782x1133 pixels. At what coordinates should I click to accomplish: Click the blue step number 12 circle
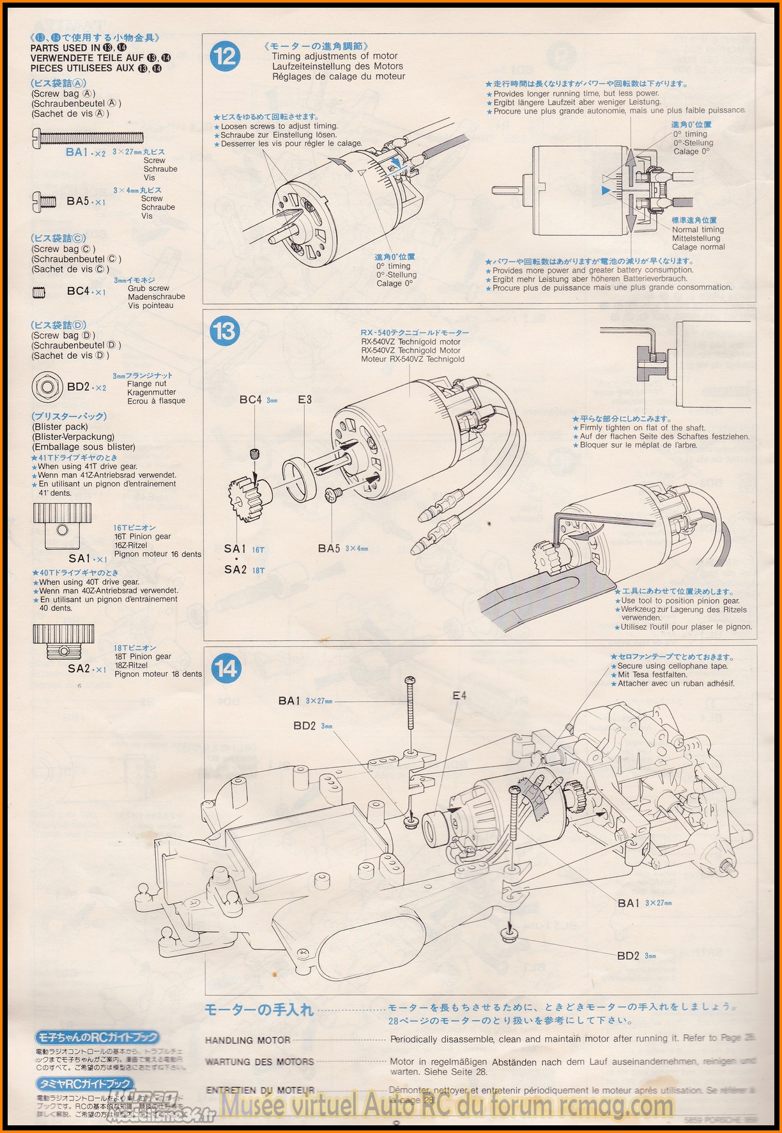click(225, 56)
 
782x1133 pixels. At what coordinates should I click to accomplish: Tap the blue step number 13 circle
click(224, 331)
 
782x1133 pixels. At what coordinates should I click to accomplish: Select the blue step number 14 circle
click(226, 669)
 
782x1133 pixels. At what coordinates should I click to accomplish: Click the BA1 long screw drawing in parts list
click(88, 136)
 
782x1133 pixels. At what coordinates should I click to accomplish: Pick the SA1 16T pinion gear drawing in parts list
click(63, 526)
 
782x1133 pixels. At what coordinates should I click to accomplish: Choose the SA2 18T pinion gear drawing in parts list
click(63, 642)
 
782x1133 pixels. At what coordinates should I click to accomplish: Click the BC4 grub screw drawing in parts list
click(39, 293)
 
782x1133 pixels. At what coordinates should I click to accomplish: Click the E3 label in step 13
click(305, 400)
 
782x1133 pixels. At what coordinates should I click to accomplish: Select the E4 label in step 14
click(459, 696)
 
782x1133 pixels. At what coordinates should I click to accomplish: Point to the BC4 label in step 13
click(251, 400)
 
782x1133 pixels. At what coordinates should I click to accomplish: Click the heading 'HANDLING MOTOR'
click(248, 1040)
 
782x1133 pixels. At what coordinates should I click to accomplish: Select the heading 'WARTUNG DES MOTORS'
click(259, 1062)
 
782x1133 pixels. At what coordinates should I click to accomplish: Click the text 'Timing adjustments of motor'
click(335, 56)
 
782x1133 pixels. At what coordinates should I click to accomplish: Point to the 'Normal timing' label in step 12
click(698, 230)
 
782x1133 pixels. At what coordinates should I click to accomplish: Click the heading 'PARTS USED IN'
click(65, 48)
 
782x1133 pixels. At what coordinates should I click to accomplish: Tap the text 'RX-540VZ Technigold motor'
click(411, 341)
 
